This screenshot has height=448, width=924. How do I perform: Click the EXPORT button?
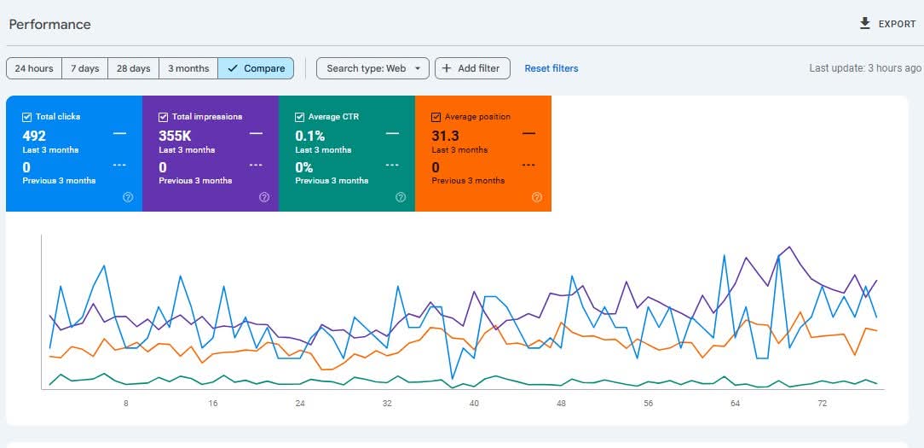pos(888,24)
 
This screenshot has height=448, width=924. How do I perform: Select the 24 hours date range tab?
pos(34,68)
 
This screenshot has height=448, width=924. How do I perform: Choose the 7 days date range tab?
pos(84,68)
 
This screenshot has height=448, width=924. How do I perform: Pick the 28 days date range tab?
pos(133,68)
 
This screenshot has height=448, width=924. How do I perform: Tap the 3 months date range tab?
pos(188,68)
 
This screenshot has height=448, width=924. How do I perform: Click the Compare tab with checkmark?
pos(257,68)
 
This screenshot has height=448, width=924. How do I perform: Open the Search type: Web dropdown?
pos(372,68)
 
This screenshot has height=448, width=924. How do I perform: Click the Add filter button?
pos(472,68)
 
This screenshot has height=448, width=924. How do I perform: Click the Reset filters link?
pos(551,68)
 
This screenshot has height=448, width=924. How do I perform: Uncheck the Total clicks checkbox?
pos(27,117)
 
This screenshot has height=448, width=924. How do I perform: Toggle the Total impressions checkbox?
pos(164,117)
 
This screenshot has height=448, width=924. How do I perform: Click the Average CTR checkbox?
pos(300,117)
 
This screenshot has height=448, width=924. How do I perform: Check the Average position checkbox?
pos(436,117)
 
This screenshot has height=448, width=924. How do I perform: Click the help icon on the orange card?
pos(536,197)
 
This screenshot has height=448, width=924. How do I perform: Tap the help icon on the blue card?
pos(128,197)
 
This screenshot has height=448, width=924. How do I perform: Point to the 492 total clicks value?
pos(35,136)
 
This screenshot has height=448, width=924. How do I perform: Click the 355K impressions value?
pos(176,136)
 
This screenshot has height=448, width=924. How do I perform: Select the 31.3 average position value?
pos(446,136)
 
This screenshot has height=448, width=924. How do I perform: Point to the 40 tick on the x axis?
pos(474,403)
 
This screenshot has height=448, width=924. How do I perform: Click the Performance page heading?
pos(50,25)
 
